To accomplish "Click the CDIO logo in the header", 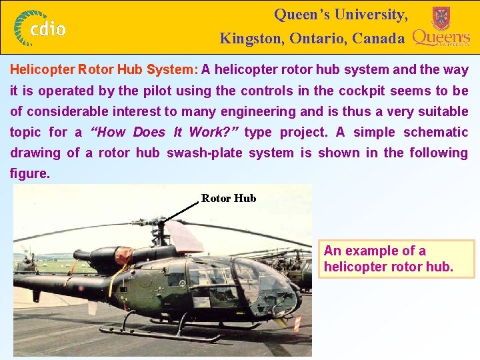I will pos(41,27).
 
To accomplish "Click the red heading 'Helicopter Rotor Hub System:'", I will pos(104,70).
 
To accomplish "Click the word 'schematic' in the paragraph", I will pos(435,132).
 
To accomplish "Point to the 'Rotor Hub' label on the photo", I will pos(229,198).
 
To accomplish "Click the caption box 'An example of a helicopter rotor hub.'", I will pos(396,259).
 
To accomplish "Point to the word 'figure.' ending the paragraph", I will pos(30,173).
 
